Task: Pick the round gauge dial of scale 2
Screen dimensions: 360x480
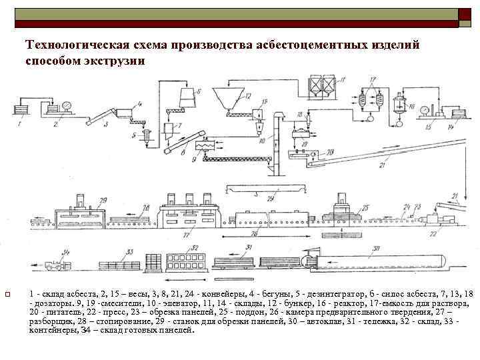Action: click(66, 106)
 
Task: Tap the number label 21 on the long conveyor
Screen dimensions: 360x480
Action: click(381, 165)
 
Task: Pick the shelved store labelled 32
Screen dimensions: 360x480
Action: click(187, 259)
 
